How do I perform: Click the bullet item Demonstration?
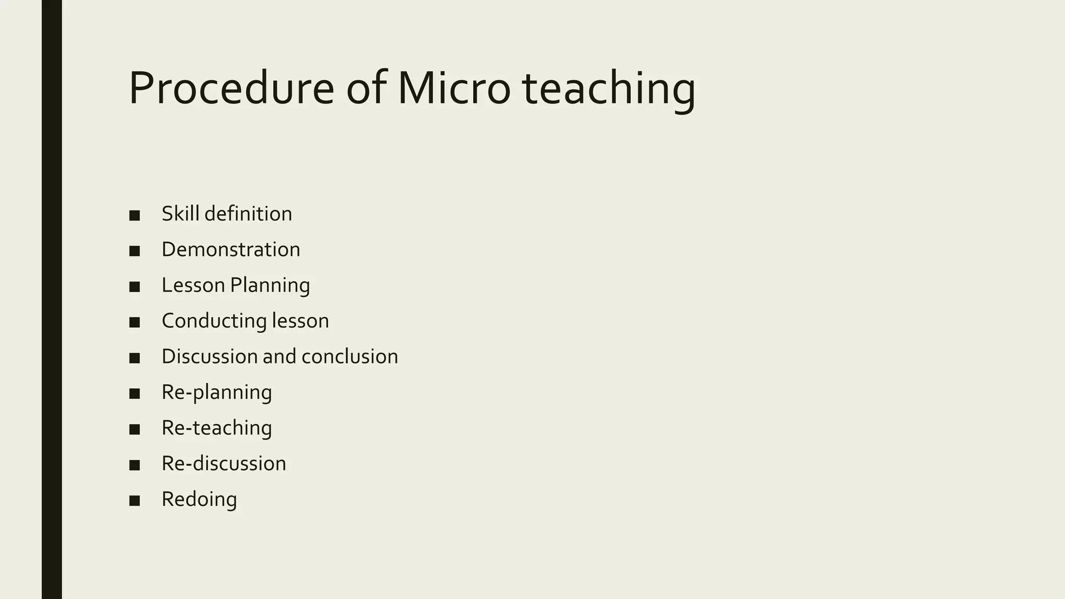[230, 250]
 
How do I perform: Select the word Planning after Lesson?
[270, 285]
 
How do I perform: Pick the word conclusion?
[349, 357]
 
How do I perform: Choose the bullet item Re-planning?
[216, 393]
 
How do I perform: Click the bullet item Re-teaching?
[216, 428]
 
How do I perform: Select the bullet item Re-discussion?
[224, 464]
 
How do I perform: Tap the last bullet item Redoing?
[199, 499]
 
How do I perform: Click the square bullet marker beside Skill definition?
[135, 215]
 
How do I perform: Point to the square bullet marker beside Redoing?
[135, 501]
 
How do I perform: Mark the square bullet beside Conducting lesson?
[135, 322]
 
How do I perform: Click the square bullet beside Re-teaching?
[135, 429]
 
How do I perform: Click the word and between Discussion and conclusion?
[279, 357]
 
